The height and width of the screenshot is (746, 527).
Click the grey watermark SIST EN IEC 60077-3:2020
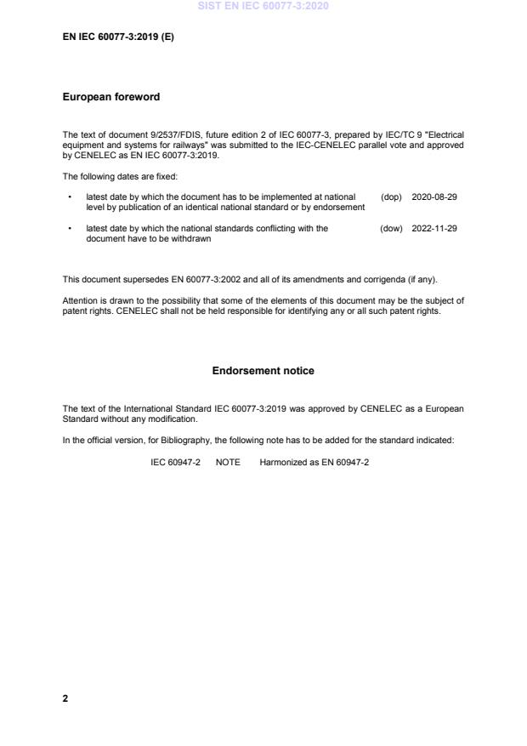tap(263, 6)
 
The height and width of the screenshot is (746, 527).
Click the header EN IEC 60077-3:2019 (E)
tap(118, 37)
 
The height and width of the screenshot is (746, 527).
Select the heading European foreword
tap(110, 97)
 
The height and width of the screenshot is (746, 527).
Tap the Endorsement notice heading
tap(263, 371)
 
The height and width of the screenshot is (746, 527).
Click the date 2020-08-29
tap(434, 196)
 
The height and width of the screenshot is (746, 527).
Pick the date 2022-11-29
tap(434, 228)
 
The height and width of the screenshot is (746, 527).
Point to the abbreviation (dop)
tap(391, 196)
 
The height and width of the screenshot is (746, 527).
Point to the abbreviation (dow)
tap(391, 228)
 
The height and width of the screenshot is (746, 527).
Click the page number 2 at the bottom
tap(65, 698)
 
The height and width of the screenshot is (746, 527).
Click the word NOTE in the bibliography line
tap(228, 462)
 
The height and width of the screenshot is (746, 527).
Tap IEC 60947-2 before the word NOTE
tap(175, 462)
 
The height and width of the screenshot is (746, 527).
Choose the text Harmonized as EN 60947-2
tap(314, 462)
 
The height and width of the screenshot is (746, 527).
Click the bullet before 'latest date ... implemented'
tap(68, 196)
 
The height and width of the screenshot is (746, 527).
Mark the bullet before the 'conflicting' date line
tap(68, 228)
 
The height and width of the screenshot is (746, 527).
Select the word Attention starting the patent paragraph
tap(80, 300)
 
